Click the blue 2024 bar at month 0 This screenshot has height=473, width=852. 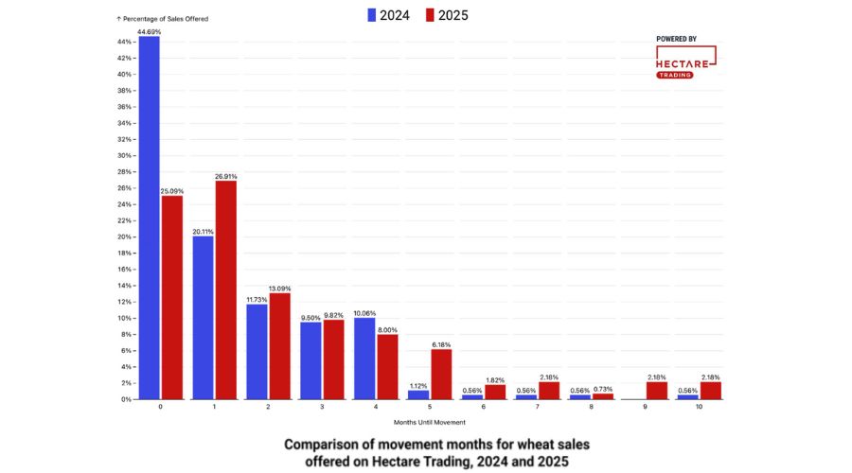(149, 218)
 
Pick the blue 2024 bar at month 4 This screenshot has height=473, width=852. (364, 359)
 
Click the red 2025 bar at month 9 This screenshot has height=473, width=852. (657, 391)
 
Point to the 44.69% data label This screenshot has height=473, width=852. (149, 31)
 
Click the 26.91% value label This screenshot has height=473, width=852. (225, 176)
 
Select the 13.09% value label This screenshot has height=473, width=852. (279, 289)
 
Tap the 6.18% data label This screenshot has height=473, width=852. (441, 344)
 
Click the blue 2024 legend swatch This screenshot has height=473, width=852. (371, 15)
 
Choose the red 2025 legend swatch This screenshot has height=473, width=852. (430, 15)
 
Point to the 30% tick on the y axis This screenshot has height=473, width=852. (125, 155)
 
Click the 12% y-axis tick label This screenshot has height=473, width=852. (125, 302)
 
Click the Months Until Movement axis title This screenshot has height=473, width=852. (430, 422)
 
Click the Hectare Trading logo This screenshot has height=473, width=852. (684, 62)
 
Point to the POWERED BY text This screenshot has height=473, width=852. (676, 39)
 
